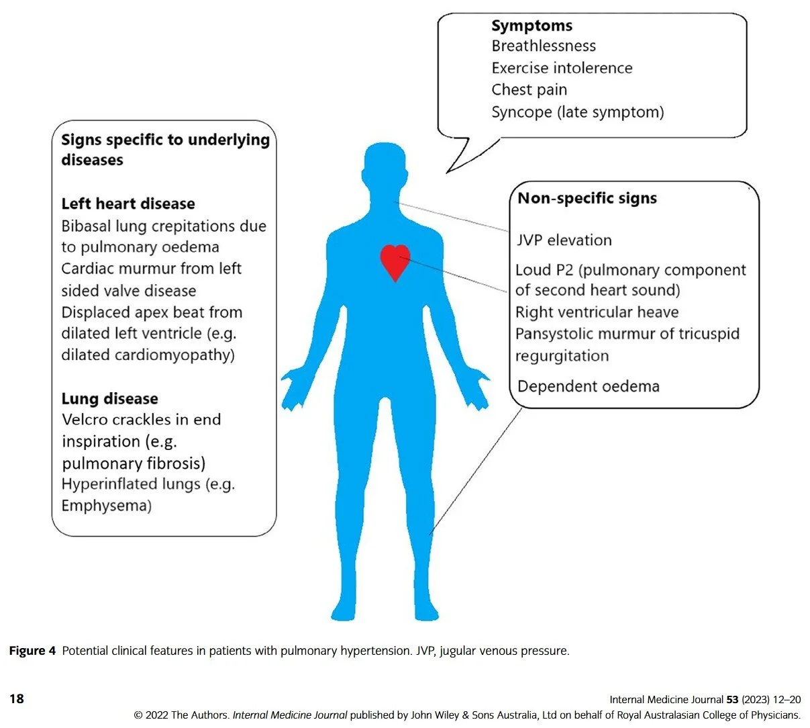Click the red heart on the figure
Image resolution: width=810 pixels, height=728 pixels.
click(x=395, y=261)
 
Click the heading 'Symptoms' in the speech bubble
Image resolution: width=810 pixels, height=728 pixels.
click(x=531, y=26)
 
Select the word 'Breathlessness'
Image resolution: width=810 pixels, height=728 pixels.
click(x=544, y=46)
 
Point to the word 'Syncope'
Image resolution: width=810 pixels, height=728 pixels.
click(x=521, y=112)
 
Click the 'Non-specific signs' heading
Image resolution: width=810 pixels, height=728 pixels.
click(x=587, y=198)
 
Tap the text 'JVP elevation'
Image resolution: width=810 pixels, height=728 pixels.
click(x=564, y=240)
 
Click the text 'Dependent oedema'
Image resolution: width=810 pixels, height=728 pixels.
click(x=589, y=387)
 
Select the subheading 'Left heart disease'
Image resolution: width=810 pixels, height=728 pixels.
click(x=128, y=204)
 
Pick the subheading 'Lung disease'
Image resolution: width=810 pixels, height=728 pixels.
click(x=110, y=399)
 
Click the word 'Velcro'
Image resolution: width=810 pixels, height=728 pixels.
click(x=86, y=420)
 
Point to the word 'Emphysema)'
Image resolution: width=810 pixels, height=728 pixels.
click(x=106, y=506)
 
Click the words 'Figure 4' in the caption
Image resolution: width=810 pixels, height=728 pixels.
click(x=32, y=651)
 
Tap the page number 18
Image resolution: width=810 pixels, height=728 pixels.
click(x=17, y=699)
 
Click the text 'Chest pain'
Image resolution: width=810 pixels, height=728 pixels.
click(x=529, y=90)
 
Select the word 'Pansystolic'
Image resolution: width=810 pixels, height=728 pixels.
click(x=554, y=334)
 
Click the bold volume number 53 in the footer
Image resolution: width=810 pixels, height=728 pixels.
click(x=732, y=700)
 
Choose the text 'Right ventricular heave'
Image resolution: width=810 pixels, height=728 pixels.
click(x=597, y=313)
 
